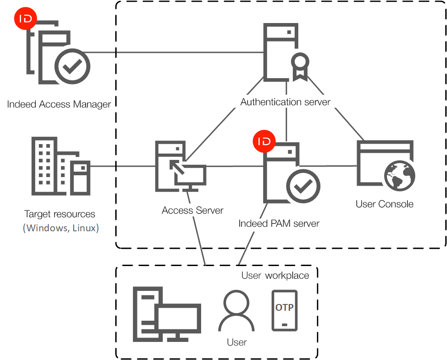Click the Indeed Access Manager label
59,104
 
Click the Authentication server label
285,102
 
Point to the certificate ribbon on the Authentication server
300,65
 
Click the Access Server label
193,210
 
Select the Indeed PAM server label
279,223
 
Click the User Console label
385,204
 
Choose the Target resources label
60,214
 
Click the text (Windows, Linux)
61,228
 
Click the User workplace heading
275,276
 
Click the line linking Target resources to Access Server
122,166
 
